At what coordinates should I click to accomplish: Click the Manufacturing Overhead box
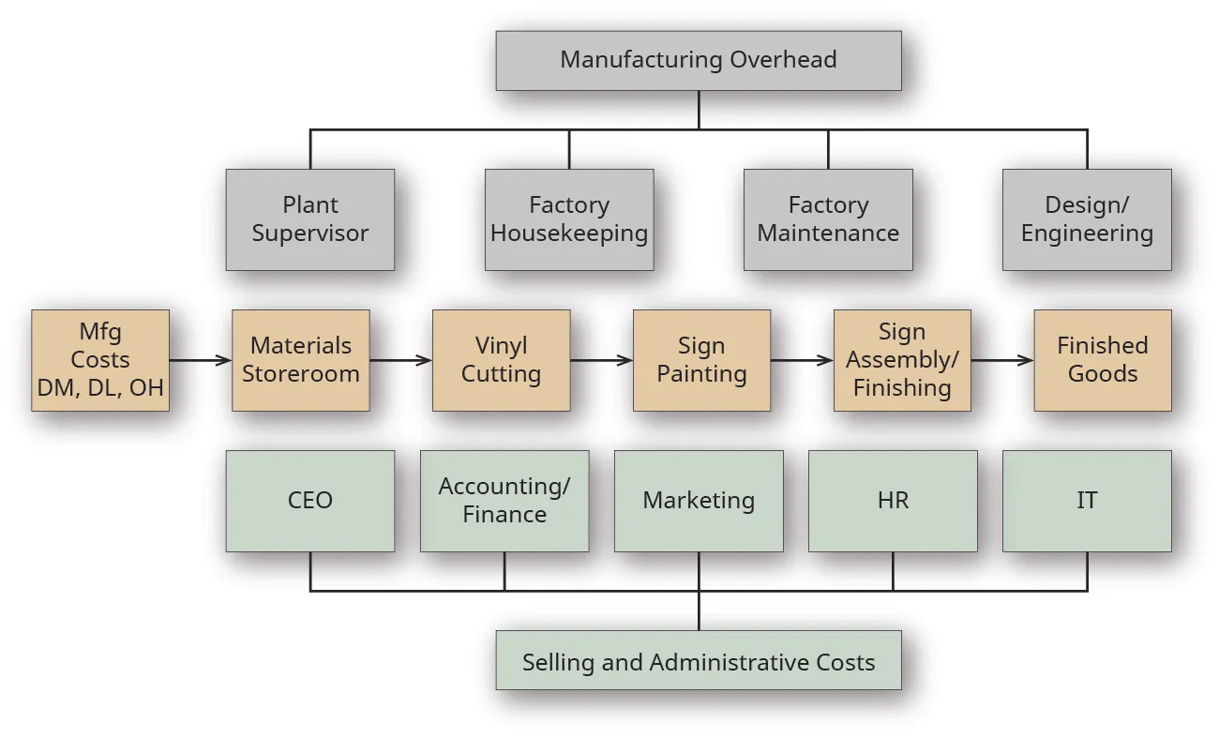click(699, 60)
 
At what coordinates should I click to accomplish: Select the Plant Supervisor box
click(309, 219)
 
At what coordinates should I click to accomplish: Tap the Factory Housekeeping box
click(569, 219)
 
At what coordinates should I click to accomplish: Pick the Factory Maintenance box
click(828, 219)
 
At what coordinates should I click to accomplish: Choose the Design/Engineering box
click(1087, 219)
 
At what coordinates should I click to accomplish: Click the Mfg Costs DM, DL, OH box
click(100, 360)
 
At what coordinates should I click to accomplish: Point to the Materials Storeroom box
click(301, 360)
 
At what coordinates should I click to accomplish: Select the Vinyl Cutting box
click(501, 360)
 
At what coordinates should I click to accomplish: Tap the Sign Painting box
click(701, 360)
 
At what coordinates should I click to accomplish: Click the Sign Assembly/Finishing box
click(902, 360)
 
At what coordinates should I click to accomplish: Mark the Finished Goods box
click(1103, 360)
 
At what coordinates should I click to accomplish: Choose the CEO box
click(309, 501)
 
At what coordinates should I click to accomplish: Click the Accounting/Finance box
click(504, 501)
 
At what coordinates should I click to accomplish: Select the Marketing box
click(699, 501)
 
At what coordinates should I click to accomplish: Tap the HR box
click(893, 501)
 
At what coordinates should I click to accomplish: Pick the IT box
click(1087, 501)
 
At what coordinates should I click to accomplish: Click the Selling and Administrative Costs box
click(699, 662)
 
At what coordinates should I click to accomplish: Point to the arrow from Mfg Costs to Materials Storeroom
click(201, 360)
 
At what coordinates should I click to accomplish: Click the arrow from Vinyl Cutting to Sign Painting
click(601, 360)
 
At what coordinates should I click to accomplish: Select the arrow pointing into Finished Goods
click(1002, 360)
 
